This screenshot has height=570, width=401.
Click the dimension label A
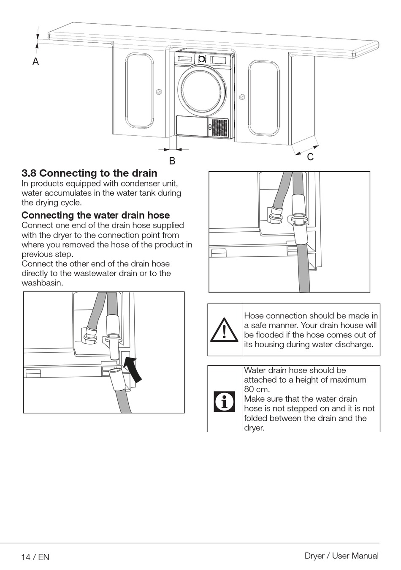point(35,61)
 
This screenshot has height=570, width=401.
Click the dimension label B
point(172,161)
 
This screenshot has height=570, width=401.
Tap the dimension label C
point(310,157)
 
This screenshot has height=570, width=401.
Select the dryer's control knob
point(202,59)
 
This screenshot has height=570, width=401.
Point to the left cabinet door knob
point(159,91)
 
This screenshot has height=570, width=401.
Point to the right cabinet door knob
point(242,96)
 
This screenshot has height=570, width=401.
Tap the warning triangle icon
point(224,330)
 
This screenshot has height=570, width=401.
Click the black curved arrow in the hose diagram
point(133,370)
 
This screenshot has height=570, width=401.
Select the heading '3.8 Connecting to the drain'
point(89,173)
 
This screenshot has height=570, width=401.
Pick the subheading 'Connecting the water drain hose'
point(96,215)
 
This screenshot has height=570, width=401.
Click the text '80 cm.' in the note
point(257,389)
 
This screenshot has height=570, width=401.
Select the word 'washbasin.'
point(42,283)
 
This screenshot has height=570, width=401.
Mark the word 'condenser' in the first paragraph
point(140,183)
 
